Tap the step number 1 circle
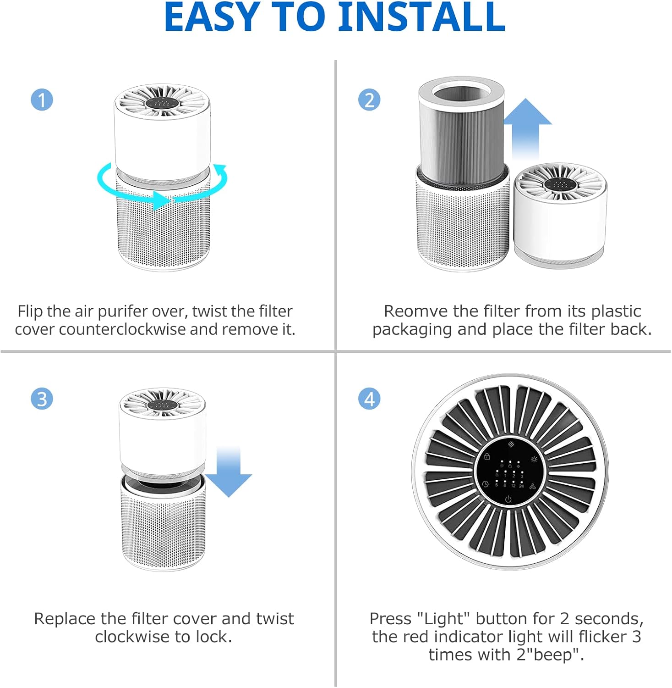pyautogui.click(x=42, y=100)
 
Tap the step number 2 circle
pyautogui.click(x=369, y=100)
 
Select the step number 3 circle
pyautogui.click(x=42, y=399)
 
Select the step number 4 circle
pyautogui.click(x=369, y=399)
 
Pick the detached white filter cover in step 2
pyautogui.click(x=560, y=216)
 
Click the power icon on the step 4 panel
pyautogui.click(x=508, y=499)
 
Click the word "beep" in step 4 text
pyautogui.click(x=555, y=655)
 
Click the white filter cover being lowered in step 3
pyautogui.click(x=162, y=436)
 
